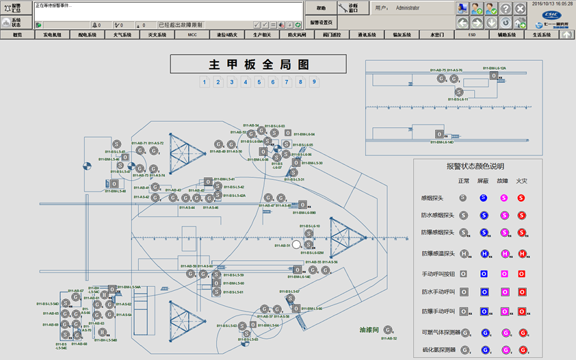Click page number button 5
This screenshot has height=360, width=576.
pyautogui.click(x=259, y=82)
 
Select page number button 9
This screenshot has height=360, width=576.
pyautogui.click(x=314, y=82)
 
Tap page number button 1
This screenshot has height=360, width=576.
pyautogui.click(x=205, y=82)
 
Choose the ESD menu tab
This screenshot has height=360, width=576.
pyautogui.click(x=471, y=34)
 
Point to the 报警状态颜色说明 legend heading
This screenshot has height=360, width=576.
pyautogui.click(x=475, y=166)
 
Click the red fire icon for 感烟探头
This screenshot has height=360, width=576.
pyautogui.click(x=521, y=198)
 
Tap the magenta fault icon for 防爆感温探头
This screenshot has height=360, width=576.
pyautogui.click(x=503, y=254)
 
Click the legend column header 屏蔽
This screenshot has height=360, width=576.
pyautogui.click(x=483, y=181)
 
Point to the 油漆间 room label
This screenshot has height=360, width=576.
pyautogui.click(x=369, y=330)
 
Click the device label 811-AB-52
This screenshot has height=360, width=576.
pyautogui.click(x=389, y=338)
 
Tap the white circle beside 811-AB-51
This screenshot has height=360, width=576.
pyautogui.click(x=296, y=244)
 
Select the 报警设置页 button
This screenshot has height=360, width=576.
pyautogui.click(x=321, y=23)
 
